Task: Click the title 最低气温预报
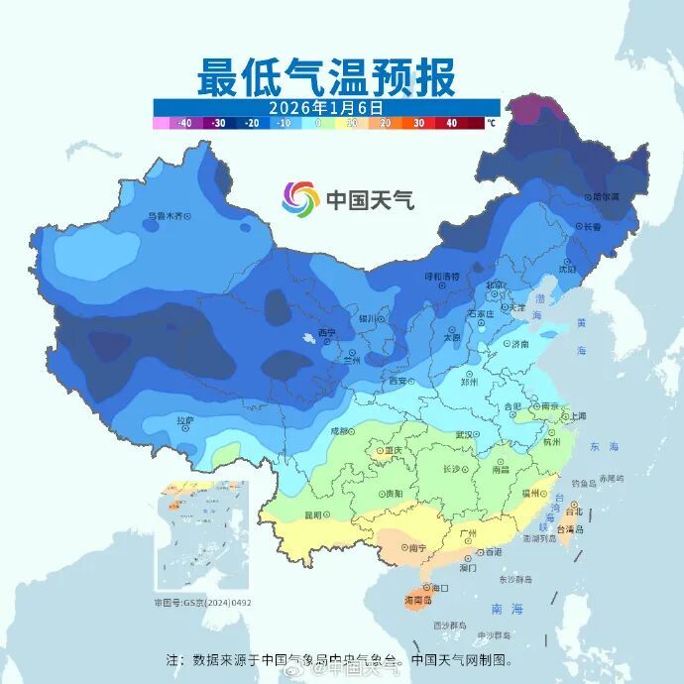click(326, 75)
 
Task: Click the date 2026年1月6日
click(326, 106)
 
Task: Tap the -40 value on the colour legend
click(183, 123)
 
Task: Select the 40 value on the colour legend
click(451, 123)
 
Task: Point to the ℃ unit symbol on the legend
click(491, 123)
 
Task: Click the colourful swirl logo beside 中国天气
click(299, 199)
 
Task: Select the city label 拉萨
click(184, 420)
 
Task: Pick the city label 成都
click(339, 431)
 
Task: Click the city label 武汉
click(464, 434)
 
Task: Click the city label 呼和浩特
click(442, 277)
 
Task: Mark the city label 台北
click(573, 513)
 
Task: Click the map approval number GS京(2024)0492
click(202, 602)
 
